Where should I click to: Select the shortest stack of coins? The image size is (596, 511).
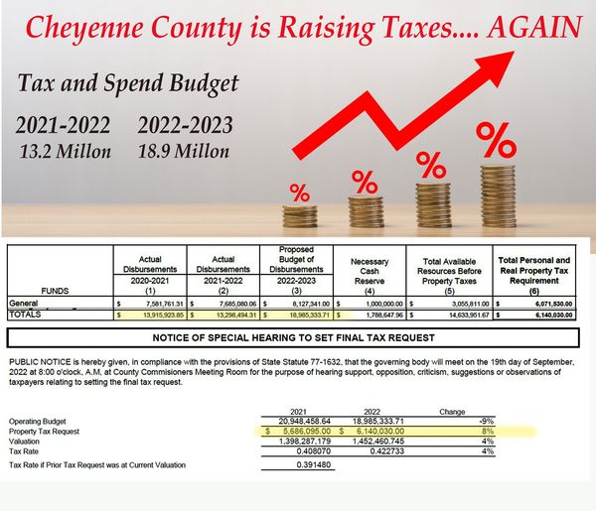click(x=299, y=214)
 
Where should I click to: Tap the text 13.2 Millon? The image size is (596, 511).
click(x=63, y=152)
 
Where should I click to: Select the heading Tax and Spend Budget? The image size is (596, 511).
click(x=126, y=83)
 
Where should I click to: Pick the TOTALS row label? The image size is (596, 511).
click(x=29, y=313)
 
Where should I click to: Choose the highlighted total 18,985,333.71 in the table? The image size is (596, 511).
click(x=299, y=313)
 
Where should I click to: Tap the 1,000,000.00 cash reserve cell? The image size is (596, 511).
click(x=374, y=302)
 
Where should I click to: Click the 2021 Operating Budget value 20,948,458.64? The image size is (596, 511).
click(x=296, y=420)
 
